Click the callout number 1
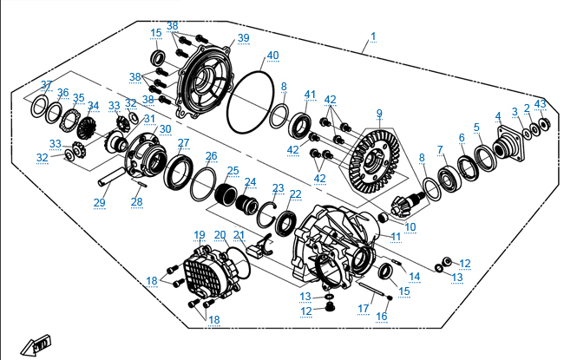click(x=373, y=36)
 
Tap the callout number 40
click(x=272, y=56)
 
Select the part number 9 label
click(x=379, y=113)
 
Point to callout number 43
click(x=541, y=105)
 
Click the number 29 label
click(x=100, y=202)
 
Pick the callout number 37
click(x=47, y=85)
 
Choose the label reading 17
click(x=364, y=307)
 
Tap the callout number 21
click(x=239, y=235)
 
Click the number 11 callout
click(x=396, y=236)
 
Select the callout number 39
click(x=243, y=38)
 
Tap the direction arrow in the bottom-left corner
click(x=38, y=344)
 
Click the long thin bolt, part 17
click(x=368, y=283)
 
